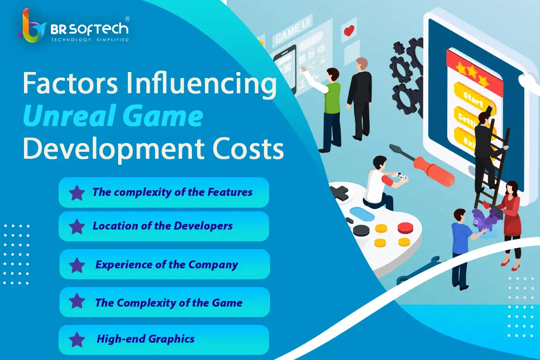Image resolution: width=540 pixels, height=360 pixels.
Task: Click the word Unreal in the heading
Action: tap(68, 116)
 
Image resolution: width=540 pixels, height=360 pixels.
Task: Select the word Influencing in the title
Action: tap(201, 84)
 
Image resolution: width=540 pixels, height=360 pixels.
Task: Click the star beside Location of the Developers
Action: tap(77, 226)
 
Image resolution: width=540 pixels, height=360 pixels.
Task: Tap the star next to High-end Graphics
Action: tap(77, 339)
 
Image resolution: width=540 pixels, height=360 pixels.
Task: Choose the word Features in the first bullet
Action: tap(230, 192)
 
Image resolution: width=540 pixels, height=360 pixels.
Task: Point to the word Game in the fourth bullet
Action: tap(227, 302)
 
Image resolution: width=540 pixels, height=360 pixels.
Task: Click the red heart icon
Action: tap(349, 30)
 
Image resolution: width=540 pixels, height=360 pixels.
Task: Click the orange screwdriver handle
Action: tap(433, 171)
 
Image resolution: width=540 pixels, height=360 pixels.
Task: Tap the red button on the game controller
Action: tap(405, 228)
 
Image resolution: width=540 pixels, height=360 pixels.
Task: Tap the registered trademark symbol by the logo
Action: tap(127, 18)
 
